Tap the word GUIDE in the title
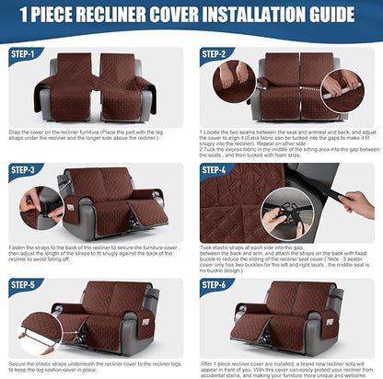(x=331, y=15)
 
